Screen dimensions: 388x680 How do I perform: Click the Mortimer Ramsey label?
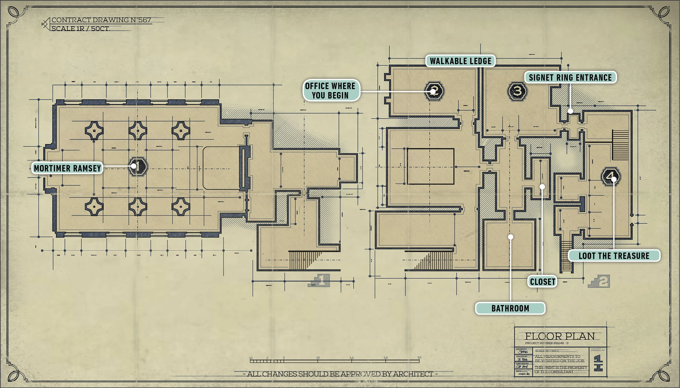[67, 168]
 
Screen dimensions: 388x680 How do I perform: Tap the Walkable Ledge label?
[460, 61]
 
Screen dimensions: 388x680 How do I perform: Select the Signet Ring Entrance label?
[570, 77]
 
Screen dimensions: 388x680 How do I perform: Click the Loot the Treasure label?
[614, 256]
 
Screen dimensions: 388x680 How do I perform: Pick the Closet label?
[542, 282]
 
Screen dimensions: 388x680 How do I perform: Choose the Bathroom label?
[510, 308]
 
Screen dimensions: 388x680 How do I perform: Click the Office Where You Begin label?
[330, 91]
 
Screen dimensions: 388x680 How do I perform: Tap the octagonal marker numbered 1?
[138, 166]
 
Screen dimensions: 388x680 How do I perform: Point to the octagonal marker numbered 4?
[611, 176]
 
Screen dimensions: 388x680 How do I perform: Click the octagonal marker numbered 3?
[517, 91]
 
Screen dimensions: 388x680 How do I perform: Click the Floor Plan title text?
[560, 336]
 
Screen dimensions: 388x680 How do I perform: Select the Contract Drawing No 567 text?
[101, 20]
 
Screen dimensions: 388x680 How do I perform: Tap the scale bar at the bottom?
[335, 361]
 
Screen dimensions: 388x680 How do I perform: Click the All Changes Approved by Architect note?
[340, 374]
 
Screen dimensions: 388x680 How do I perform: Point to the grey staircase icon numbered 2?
[599, 281]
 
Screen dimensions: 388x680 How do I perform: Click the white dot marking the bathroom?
[510, 237]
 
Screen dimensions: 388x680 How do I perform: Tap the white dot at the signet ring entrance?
[571, 111]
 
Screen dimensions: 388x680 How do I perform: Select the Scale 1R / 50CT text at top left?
[81, 29]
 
